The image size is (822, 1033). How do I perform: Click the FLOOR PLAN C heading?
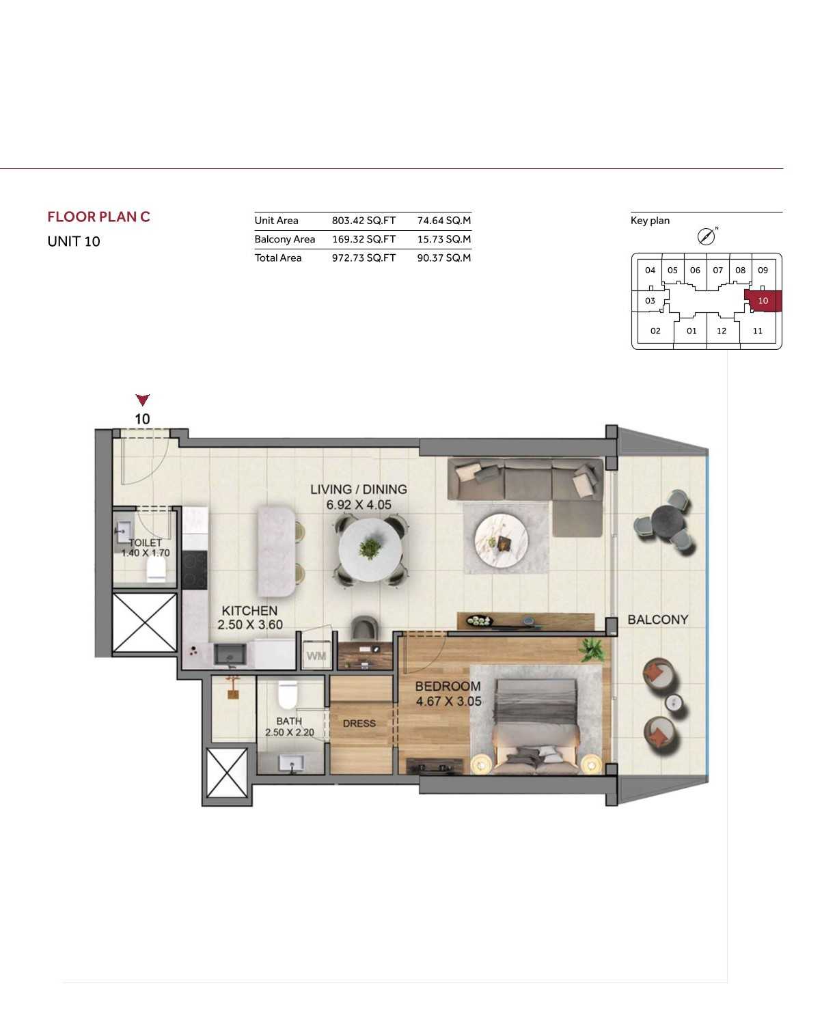tap(98, 217)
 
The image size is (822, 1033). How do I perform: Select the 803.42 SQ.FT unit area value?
tap(364, 221)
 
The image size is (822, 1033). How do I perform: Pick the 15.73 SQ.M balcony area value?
tap(443, 239)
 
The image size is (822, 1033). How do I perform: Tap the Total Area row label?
tap(278, 258)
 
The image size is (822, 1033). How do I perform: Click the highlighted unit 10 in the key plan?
tap(763, 301)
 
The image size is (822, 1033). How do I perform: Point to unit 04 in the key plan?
tap(650, 271)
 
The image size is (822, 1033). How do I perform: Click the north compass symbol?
tap(706, 236)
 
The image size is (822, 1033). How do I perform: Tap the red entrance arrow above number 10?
tap(143, 400)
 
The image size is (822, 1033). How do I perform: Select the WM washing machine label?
tap(316, 656)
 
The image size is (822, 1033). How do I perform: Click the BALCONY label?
tap(658, 620)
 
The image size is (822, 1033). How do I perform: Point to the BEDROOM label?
tap(448, 686)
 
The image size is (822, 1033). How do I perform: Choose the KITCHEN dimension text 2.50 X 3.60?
tap(249, 624)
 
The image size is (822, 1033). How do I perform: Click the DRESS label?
tap(359, 724)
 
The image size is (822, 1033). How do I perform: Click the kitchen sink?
tap(230, 654)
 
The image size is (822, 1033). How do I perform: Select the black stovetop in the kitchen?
tap(195, 569)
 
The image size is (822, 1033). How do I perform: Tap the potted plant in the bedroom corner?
tap(591, 650)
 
